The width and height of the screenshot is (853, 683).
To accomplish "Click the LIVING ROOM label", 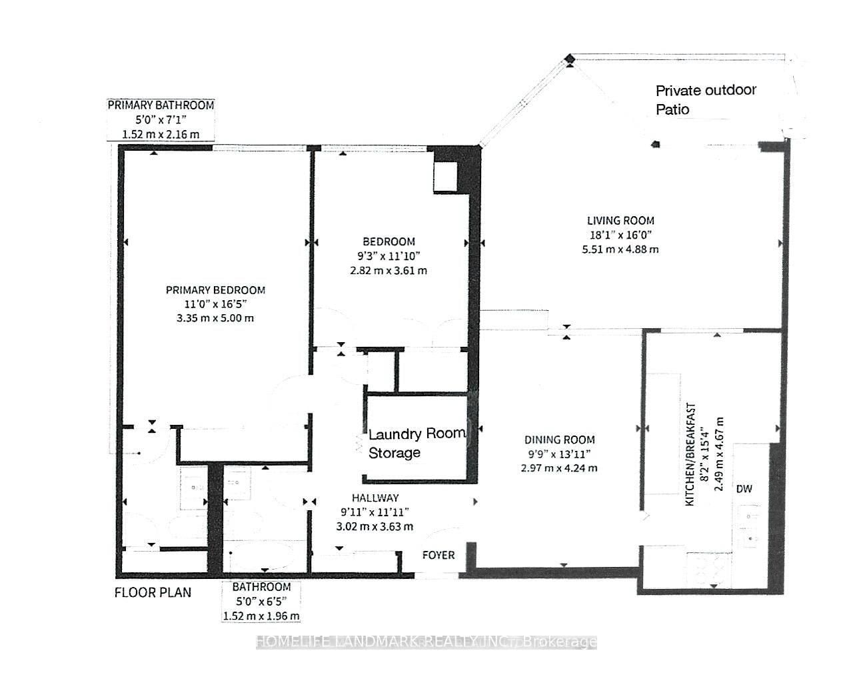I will (620, 220).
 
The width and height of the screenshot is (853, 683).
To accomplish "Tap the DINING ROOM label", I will (559, 440).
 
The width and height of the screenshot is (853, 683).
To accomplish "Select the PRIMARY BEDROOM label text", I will (215, 289).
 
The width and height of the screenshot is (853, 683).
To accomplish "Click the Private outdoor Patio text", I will (706, 99).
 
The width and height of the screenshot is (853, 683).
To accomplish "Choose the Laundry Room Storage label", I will (417, 443).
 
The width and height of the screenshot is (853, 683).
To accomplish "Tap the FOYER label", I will (438, 555).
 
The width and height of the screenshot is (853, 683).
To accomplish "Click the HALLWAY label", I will (375, 498).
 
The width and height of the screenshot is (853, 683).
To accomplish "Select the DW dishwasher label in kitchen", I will (744, 489).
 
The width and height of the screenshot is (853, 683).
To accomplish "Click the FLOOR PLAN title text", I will (153, 592).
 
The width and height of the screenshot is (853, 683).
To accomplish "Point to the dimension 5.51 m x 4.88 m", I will (620, 249).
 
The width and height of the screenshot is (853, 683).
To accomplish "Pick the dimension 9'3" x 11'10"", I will (389, 256).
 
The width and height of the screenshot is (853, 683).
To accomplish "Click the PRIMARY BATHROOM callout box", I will (161, 119).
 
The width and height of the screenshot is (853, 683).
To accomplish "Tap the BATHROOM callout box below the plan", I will (261, 601).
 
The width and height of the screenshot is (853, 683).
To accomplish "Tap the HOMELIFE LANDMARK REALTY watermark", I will (426, 642).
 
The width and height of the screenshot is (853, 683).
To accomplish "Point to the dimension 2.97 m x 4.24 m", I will (559, 468).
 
